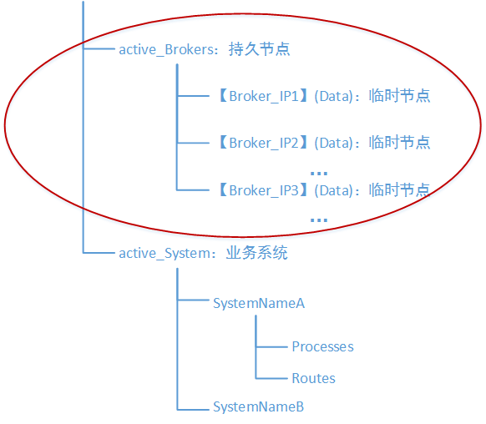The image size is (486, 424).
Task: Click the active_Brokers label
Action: [x=167, y=49]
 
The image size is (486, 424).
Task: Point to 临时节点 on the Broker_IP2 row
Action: [x=399, y=143]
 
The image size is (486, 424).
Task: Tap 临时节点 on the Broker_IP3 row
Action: [x=399, y=190]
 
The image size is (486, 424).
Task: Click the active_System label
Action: [x=166, y=253]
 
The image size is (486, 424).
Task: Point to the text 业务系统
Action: [x=257, y=253]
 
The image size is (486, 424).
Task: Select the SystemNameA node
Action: [x=259, y=303]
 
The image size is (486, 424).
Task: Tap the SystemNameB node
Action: [x=258, y=407]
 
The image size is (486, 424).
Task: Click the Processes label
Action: [x=322, y=346]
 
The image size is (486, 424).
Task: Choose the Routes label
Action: [x=313, y=378]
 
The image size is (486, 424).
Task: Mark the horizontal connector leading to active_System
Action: [x=99, y=252]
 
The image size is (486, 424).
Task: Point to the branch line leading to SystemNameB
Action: [x=194, y=408]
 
